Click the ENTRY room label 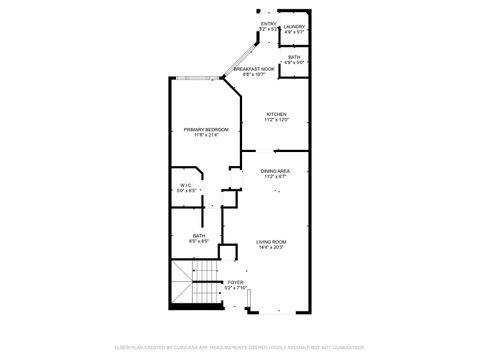click(x=268, y=23)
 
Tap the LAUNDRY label click(x=294, y=27)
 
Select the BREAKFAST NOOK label click(x=254, y=68)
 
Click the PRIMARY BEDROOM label click(x=206, y=130)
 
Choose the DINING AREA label click(x=275, y=171)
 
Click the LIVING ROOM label click(x=271, y=242)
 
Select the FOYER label click(x=235, y=282)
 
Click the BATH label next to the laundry click(x=294, y=57)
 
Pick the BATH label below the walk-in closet click(x=186, y=236)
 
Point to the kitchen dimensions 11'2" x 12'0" click(x=276, y=121)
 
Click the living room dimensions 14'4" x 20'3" click(x=271, y=247)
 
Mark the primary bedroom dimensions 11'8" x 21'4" click(x=206, y=135)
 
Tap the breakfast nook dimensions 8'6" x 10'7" click(x=254, y=74)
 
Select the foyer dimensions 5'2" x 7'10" click(x=235, y=288)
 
